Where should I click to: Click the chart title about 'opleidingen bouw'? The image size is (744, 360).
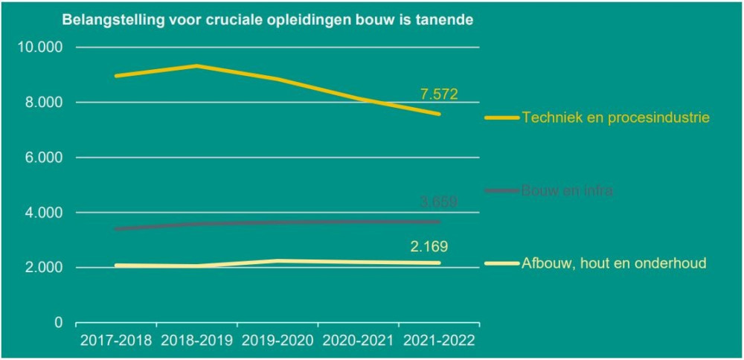pos(267,20)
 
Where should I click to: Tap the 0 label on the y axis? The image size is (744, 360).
pos(58,323)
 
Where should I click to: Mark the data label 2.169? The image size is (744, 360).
pos(429,247)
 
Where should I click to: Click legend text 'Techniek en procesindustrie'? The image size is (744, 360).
pos(615,118)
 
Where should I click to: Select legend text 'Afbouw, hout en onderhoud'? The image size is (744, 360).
pos(614,263)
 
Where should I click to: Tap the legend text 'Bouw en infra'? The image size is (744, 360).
pos(568,190)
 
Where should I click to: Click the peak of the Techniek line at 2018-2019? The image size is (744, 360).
pos(196,65)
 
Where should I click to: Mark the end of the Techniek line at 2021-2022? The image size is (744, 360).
pos(439,114)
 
